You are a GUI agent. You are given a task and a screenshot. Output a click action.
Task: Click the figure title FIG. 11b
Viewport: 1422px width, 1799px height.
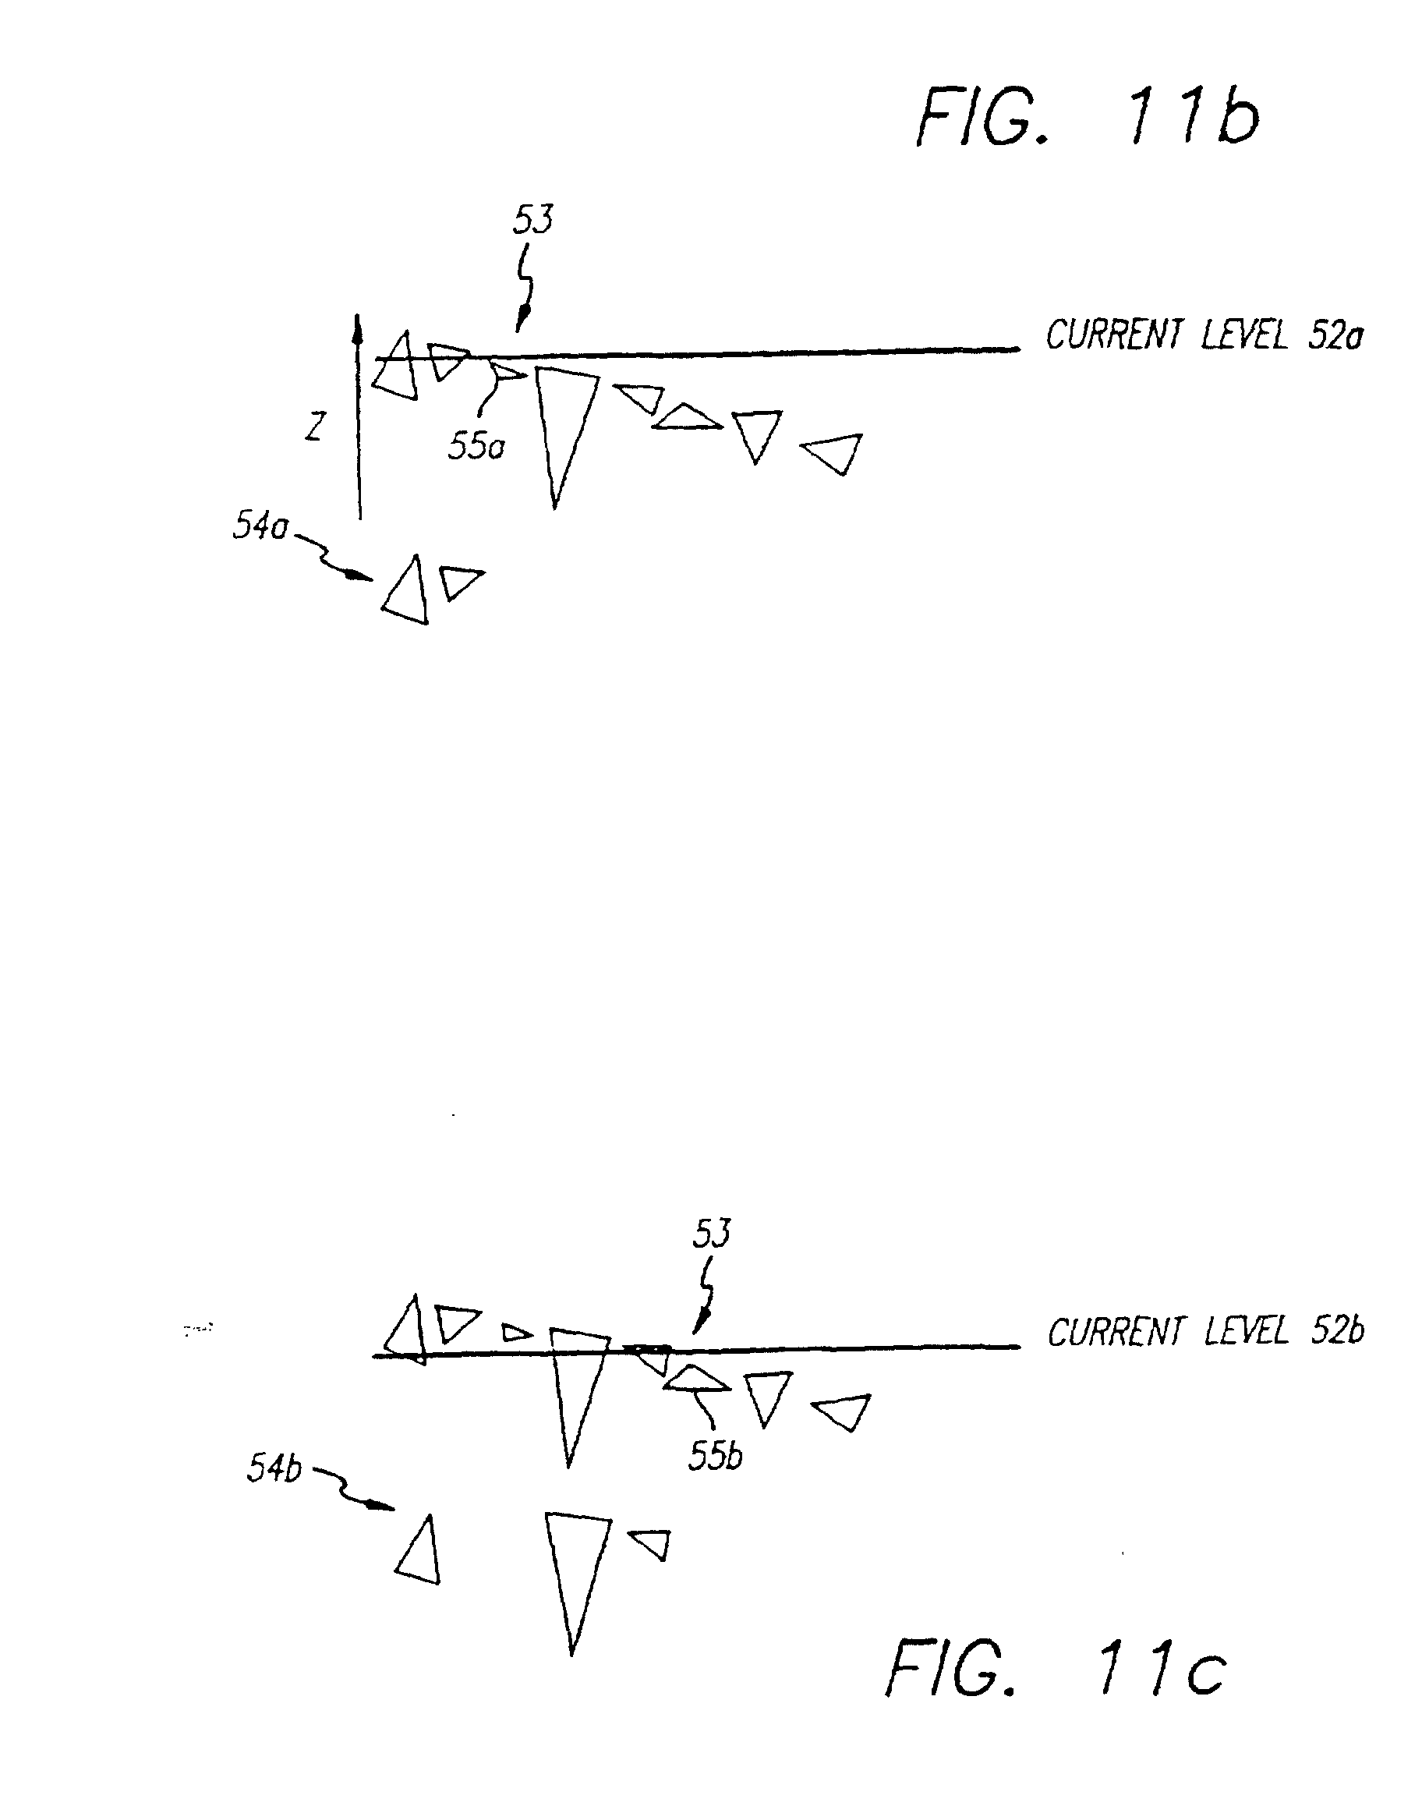tap(1087, 119)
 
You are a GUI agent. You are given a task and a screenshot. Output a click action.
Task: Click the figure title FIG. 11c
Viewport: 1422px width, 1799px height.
tap(1055, 1665)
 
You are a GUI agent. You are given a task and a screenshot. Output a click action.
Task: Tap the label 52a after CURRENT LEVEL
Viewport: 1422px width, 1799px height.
tap(1335, 335)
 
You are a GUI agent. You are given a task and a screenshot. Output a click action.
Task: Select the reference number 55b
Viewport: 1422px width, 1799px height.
tap(714, 1455)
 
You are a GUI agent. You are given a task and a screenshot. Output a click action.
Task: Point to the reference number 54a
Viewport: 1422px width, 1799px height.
tap(260, 526)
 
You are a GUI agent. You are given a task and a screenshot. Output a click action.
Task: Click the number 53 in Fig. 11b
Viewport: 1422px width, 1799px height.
tap(532, 220)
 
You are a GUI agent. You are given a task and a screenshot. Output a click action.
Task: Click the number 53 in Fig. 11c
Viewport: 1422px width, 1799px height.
tap(712, 1234)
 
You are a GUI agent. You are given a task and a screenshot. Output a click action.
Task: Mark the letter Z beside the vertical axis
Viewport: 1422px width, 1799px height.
tap(314, 427)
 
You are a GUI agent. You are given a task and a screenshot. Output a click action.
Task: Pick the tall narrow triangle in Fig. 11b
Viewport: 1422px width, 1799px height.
tap(563, 425)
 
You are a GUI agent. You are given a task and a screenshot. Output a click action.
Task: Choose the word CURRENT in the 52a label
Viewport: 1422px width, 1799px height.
tap(1113, 335)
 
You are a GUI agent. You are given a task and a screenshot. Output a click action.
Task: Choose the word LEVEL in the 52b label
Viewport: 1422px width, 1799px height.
tap(1246, 1331)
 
